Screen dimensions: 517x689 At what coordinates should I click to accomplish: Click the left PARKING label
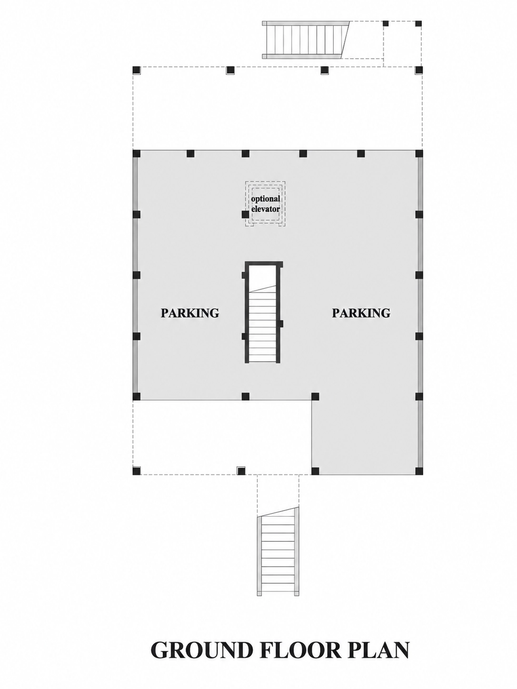[189, 313]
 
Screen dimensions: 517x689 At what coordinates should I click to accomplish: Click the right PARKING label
[361, 313]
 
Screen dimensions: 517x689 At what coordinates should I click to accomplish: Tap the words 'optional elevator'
[265, 203]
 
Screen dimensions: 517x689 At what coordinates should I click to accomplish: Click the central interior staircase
[263, 312]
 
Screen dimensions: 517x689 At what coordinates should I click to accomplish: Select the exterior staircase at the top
[306, 40]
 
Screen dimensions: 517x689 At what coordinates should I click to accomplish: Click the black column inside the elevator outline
[246, 215]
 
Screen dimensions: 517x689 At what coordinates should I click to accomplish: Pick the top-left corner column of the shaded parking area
[137, 154]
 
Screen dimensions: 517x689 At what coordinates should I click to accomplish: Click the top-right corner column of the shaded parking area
[419, 154]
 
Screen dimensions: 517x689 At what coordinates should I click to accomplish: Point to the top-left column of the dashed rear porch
[137, 69]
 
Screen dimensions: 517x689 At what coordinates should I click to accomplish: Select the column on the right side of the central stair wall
[281, 323]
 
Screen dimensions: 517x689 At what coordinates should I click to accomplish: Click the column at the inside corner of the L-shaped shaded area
[315, 396]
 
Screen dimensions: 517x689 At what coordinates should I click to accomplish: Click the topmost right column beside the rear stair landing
[418, 23]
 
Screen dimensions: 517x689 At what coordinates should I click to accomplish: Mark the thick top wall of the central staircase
[264, 263]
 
